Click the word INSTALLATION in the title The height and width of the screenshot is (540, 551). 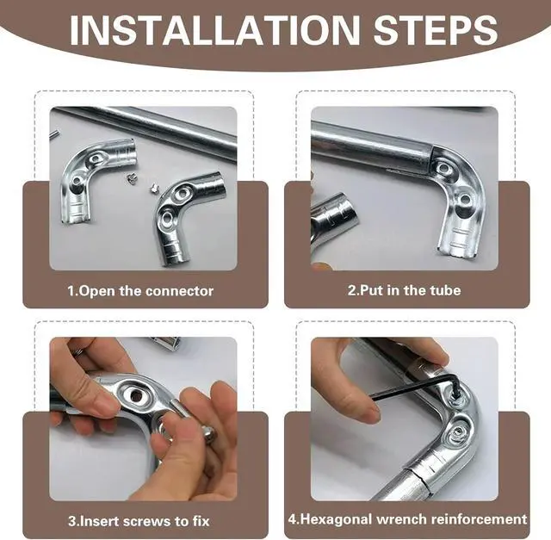(x=214, y=30)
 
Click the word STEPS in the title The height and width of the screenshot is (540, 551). (x=436, y=30)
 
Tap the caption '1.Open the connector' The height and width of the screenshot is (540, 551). (x=140, y=291)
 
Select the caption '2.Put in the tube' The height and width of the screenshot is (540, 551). (x=404, y=290)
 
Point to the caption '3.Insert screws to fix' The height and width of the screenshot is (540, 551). (x=139, y=521)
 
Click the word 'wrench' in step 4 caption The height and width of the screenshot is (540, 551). (x=401, y=519)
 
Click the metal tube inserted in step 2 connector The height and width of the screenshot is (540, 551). (x=373, y=146)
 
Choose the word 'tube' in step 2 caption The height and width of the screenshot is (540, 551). (x=445, y=290)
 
